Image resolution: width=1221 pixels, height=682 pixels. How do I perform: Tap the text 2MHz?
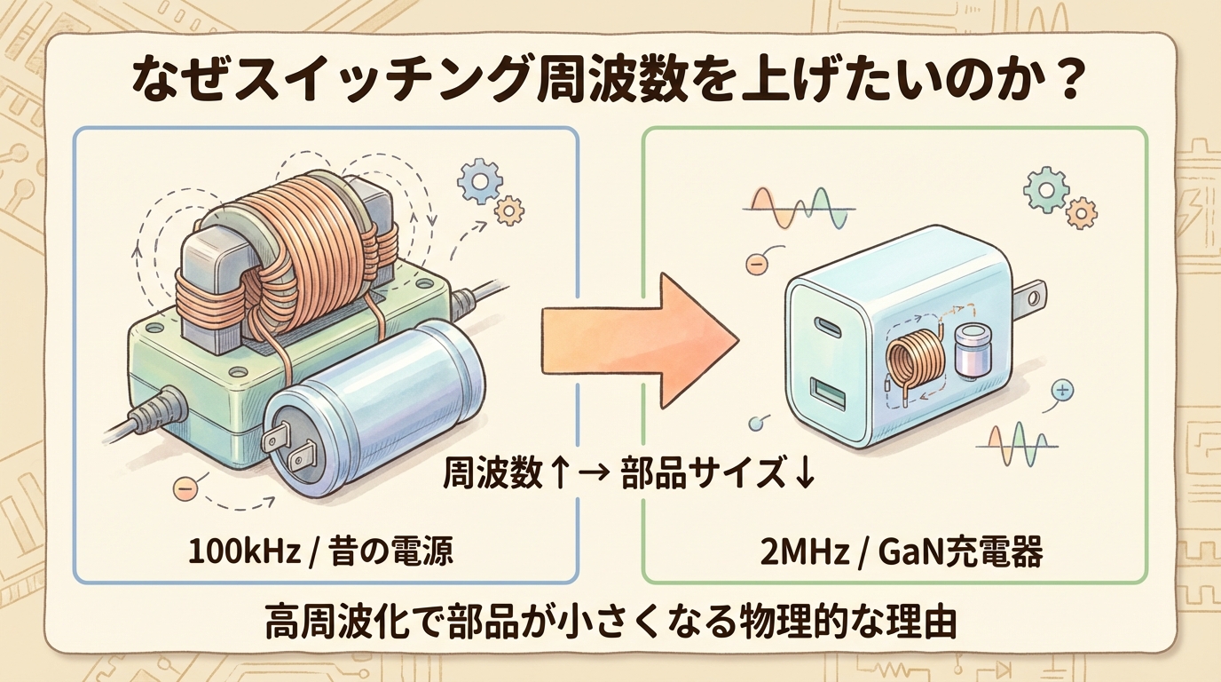point(792,551)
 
